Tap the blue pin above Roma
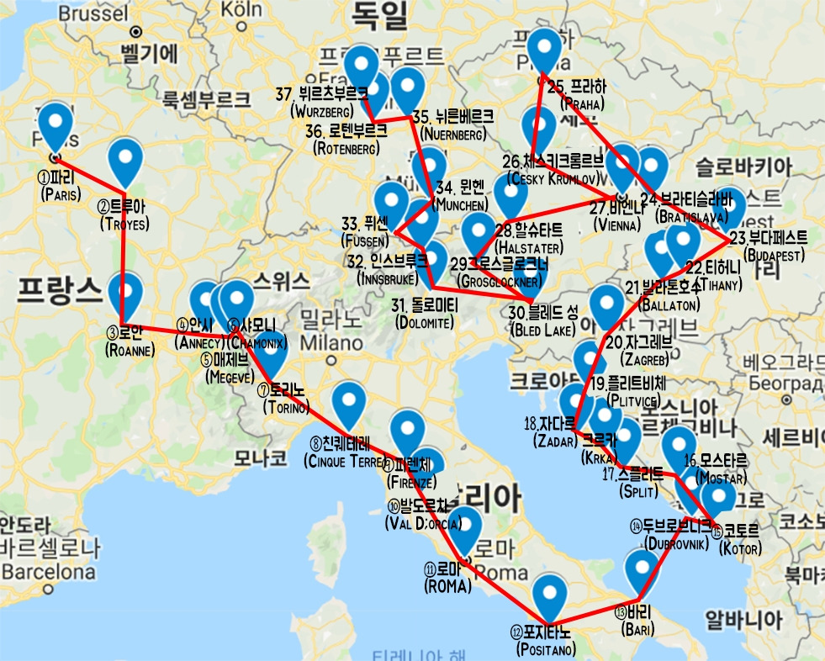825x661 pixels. [x=464, y=527]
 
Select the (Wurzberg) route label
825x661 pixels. [x=323, y=111]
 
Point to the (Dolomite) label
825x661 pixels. [x=425, y=322]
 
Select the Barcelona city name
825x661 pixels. [x=48, y=573]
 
